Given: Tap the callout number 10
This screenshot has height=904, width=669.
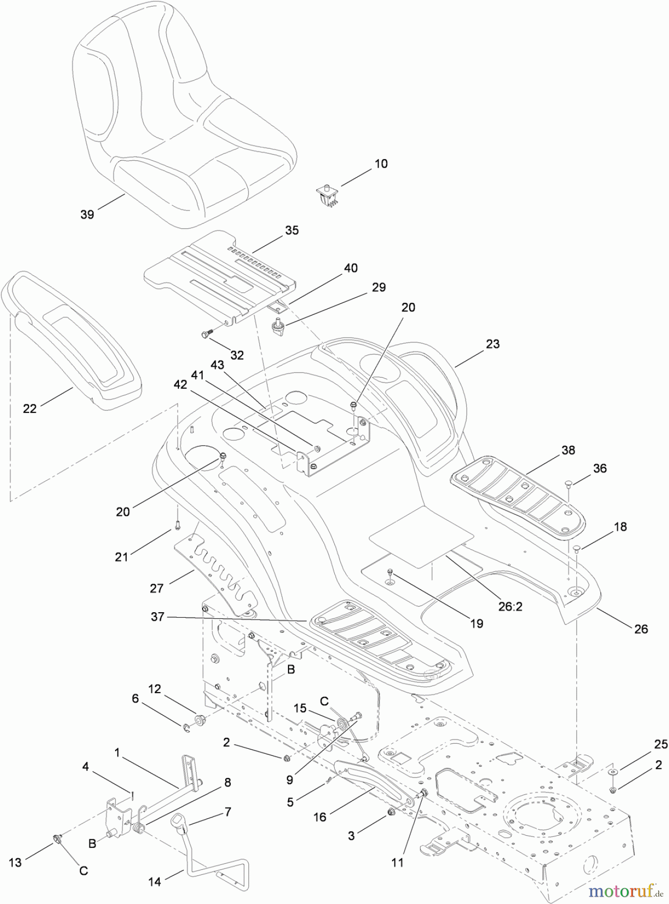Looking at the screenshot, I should point(381,164).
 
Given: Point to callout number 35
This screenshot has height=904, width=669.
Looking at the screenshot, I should point(292,230).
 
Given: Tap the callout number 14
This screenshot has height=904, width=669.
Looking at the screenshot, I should point(155,881).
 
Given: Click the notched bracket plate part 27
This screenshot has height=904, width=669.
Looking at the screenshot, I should point(216,573).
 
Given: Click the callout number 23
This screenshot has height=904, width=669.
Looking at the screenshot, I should point(493,344).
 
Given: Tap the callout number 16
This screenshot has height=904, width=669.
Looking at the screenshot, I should point(320,817).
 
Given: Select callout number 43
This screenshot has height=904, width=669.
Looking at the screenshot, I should point(217,366).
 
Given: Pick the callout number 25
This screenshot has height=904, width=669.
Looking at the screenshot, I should point(661,744).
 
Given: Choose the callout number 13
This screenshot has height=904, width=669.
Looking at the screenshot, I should point(15,862).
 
